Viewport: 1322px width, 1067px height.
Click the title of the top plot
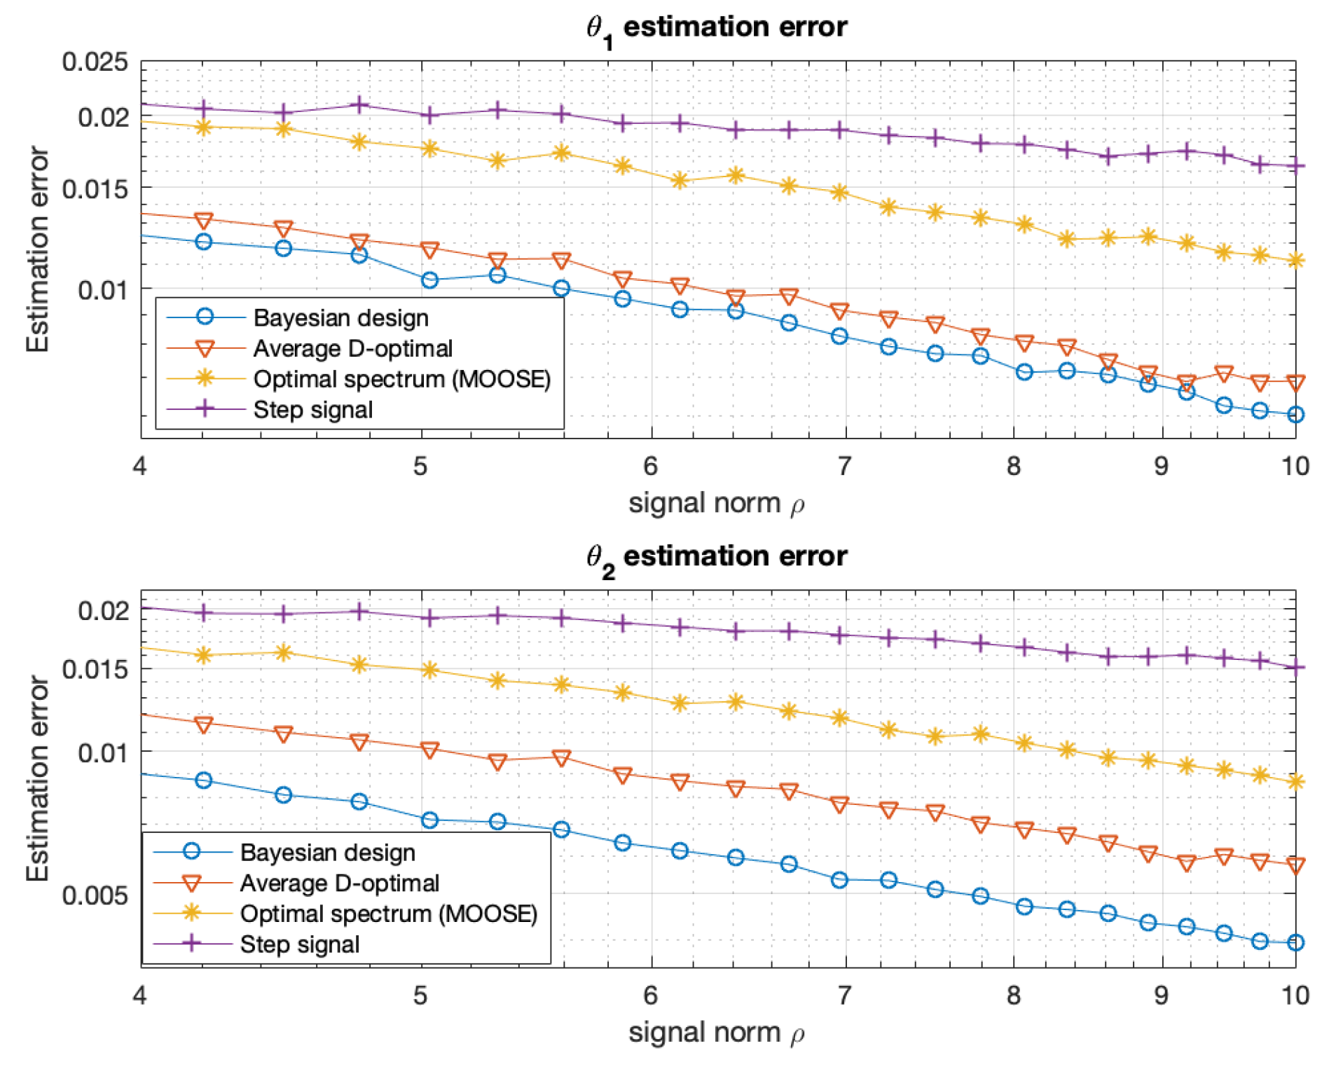coord(716,28)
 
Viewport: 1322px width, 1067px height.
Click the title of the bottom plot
coord(716,557)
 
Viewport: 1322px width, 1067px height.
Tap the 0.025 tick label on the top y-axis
coord(95,62)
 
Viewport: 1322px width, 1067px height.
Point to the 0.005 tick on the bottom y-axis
coord(95,895)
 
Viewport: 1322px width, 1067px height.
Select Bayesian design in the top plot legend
coord(340,318)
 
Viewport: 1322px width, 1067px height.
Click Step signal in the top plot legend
coord(312,410)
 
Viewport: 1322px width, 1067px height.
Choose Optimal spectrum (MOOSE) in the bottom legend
coord(388,914)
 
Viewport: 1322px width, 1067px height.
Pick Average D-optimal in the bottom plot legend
coord(339,883)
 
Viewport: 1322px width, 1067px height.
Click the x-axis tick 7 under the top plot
coord(845,466)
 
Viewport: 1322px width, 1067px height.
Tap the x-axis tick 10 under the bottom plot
coord(1295,995)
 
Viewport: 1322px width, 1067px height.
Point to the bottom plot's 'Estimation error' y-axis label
coord(38,778)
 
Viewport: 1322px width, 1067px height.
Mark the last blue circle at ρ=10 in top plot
coord(1295,415)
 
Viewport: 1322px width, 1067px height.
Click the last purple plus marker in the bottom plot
coord(1295,668)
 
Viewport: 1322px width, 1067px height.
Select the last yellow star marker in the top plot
coord(1295,261)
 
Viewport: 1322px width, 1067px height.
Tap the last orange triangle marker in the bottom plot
coord(1295,866)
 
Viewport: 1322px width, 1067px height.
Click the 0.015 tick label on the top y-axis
coord(95,188)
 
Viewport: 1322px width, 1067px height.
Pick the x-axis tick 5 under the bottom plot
coord(420,995)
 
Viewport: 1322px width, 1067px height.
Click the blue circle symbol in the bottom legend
coord(191,852)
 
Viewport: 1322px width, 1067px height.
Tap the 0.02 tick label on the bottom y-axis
coord(103,610)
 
